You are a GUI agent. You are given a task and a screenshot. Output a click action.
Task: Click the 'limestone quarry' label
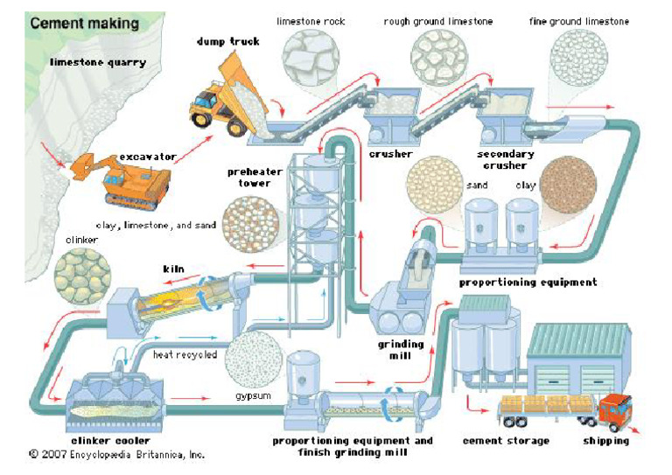[x=98, y=62]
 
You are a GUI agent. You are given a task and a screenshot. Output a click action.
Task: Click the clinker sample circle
[x=83, y=275]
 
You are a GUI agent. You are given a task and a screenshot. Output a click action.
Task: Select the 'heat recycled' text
[x=184, y=354]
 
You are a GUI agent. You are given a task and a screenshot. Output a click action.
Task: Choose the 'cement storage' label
[x=506, y=441]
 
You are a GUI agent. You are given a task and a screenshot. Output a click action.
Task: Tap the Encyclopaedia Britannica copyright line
[x=116, y=456]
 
